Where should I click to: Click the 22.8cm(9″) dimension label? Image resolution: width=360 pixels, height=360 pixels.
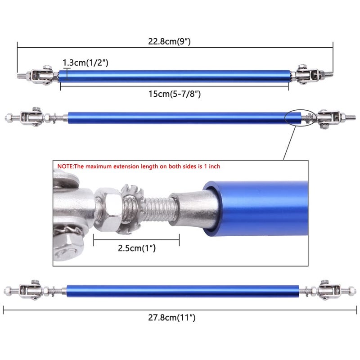point(169,41)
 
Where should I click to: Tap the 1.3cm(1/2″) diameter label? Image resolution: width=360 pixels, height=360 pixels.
point(85,63)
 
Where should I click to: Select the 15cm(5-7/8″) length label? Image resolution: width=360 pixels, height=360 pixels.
point(175,94)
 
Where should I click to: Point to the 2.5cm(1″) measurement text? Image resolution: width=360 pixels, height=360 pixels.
point(137,248)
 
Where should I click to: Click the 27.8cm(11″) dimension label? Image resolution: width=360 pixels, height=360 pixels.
point(172,318)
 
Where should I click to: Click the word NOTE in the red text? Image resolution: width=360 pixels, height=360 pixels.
point(65,166)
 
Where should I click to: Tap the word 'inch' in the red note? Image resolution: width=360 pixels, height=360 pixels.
point(214,166)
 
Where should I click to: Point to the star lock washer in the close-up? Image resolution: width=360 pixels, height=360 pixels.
point(131,208)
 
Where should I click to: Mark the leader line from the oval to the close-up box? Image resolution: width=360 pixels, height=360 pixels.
point(289,143)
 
